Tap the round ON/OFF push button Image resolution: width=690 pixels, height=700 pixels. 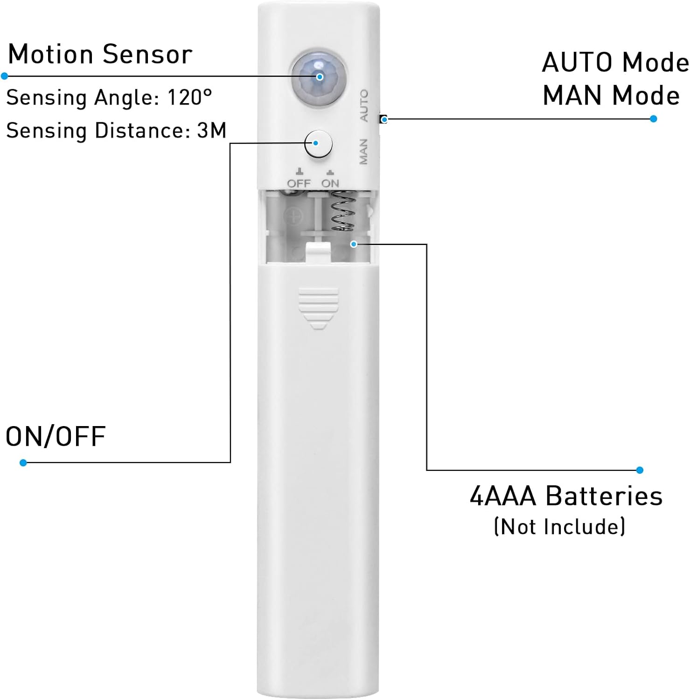point(318,143)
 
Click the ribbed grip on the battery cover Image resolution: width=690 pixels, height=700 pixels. point(318,306)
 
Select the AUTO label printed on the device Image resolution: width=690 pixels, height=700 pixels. point(364,106)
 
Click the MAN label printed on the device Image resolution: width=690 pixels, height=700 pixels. point(363,152)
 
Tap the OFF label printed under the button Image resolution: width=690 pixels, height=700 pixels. point(299,183)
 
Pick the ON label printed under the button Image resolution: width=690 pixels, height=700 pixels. point(330,183)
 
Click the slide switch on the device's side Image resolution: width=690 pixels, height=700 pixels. point(383,119)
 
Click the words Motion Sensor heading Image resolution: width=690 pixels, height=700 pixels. point(100,55)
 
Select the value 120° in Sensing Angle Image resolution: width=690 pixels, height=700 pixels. point(189,98)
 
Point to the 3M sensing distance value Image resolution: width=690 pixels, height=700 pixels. point(212,131)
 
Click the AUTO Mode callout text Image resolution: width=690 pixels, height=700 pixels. point(615,63)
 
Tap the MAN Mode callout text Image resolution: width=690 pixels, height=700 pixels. point(611,96)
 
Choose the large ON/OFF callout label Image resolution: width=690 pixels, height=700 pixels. point(56,437)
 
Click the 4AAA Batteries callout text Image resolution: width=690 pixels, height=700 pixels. point(566,496)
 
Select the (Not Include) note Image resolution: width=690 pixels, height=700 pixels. point(559,527)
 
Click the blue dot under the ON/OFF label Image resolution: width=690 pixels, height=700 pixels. point(23,462)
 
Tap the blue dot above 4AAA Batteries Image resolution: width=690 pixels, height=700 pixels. point(640,470)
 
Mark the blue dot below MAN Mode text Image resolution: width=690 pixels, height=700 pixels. point(653,119)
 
